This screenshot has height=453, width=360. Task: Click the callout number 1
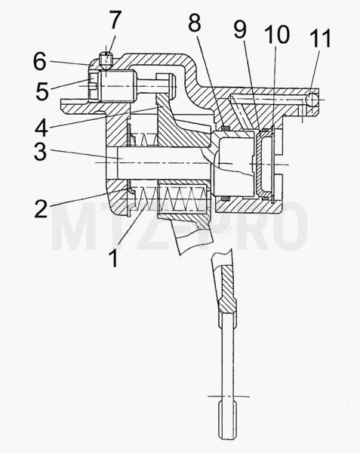click(x=114, y=258)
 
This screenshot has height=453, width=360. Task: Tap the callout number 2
click(x=41, y=208)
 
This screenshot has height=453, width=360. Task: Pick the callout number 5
click(x=42, y=91)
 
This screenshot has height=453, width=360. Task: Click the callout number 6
click(x=39, y=61)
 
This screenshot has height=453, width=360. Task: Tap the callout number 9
click(x=240, y=29)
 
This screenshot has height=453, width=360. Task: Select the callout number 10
click(x=277, y=34)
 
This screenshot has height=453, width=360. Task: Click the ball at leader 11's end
click(x=312, y=100)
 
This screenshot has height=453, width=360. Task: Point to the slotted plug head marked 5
click(x=94, y=86)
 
